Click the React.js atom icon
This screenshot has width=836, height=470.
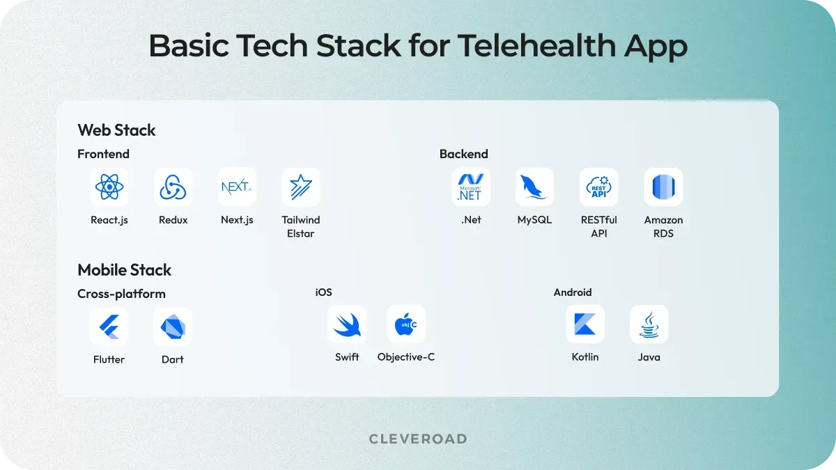[x=109, y=187]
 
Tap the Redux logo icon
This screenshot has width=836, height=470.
[x=173, y=187]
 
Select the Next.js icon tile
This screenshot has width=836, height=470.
[x=237, y=187]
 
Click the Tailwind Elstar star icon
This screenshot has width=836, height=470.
[x=301, y=187]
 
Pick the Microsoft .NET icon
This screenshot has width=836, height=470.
[x=471, y=187]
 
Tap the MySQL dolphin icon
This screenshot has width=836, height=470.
[x=534, y=187]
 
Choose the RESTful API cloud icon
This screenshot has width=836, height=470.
[x=599, y=187]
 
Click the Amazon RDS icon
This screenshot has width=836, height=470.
[x=663, y=187]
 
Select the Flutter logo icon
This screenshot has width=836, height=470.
[x=109, y=327]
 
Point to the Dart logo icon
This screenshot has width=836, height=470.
[x=173, y=327]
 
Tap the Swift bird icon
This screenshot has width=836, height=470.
[x=347, y=324]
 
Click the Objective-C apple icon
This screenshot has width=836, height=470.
[x=406, y=324]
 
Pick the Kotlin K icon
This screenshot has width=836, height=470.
[x=585, y=324]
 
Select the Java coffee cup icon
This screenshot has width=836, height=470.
[x=649, y=324]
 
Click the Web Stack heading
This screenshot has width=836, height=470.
[x=116, y=130]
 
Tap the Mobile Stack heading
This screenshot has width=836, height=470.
[x=124, y=270]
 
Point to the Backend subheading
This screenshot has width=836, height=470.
[x=463, y=154]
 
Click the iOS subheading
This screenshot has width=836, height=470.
[x=323, y=292]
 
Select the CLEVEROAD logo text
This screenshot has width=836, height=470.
[x=418, y=439]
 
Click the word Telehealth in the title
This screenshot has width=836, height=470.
[x=535, y=47]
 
